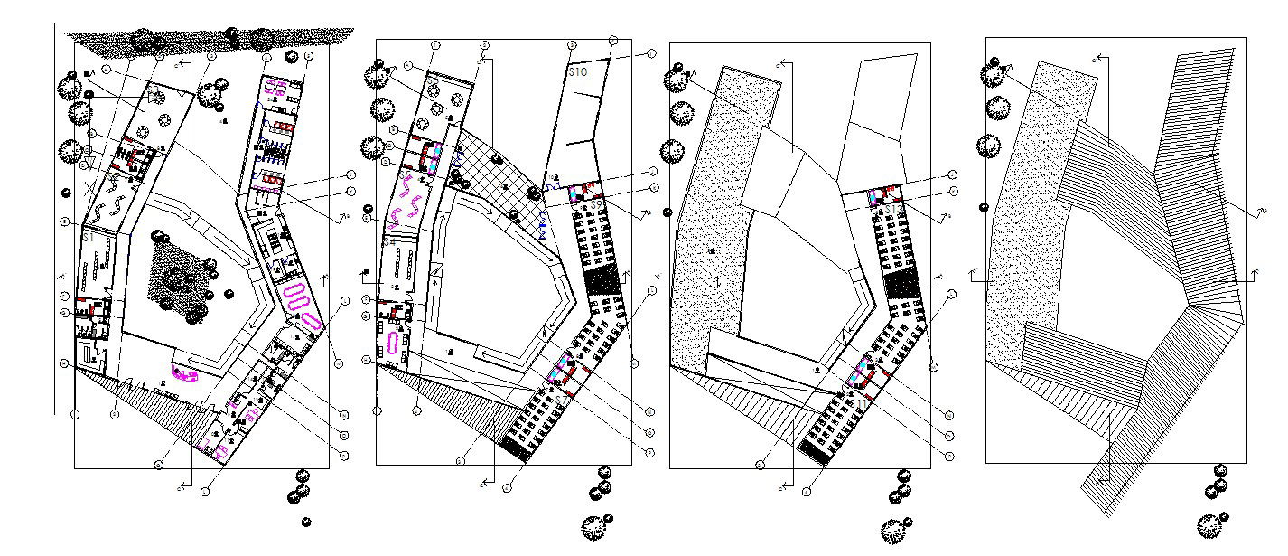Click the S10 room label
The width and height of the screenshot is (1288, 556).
point(578,71)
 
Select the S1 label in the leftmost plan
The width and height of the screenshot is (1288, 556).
point(163,384)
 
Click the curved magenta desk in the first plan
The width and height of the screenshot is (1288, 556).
point(186,372)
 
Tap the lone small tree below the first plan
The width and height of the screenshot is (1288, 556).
point(306,522)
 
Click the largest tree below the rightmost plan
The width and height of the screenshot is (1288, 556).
point(1209,524)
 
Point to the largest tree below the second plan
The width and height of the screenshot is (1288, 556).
point(593,526)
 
